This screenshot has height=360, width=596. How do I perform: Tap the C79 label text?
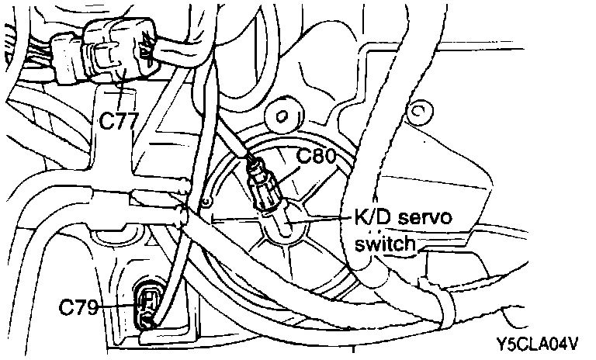coord(78,308)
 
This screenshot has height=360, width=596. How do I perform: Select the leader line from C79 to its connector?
coord(116,308)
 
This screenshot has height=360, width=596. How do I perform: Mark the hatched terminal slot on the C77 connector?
coord(145,51)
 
